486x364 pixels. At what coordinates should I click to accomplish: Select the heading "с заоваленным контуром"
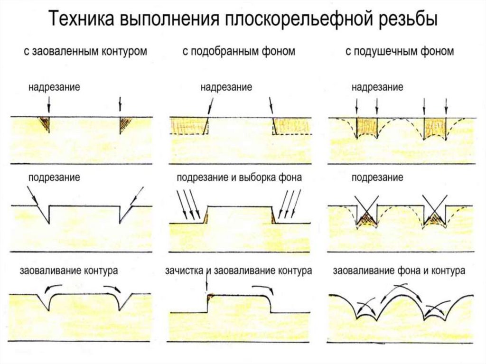85,51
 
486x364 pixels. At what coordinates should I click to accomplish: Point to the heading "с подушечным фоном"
400,51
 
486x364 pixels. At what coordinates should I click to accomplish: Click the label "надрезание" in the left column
54,87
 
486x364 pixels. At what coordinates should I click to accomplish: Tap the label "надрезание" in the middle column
226,87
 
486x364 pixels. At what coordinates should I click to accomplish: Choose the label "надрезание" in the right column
377,87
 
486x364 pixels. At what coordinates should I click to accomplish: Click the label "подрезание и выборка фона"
239,177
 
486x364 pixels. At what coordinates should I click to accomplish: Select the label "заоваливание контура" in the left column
69,271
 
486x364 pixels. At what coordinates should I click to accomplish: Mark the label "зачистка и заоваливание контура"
238,271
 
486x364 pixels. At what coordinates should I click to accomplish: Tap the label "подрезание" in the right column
377,177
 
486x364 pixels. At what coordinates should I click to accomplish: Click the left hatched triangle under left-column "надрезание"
45,122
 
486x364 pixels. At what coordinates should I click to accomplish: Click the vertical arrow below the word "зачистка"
207,285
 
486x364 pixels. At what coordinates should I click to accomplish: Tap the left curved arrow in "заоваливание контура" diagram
52,288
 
